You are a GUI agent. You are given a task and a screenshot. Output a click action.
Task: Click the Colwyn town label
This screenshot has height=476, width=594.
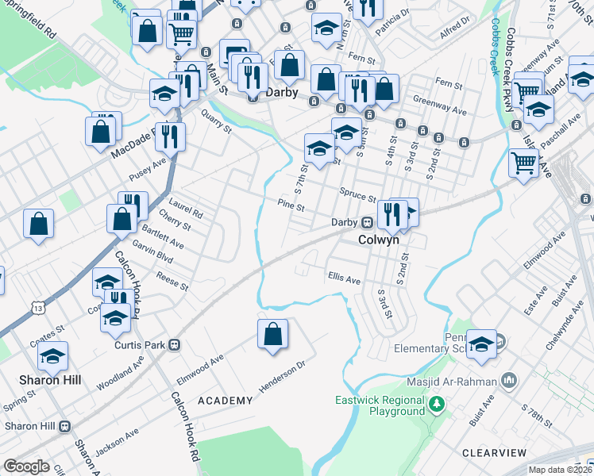click(x=378, y=239)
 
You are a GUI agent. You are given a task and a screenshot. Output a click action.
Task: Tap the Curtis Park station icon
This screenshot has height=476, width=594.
click(x=173, y=345)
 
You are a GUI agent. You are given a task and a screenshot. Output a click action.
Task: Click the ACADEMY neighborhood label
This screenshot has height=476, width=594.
click(x=225, y=401)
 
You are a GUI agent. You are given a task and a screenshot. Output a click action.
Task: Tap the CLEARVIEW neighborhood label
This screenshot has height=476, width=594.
click(x=494, y=452)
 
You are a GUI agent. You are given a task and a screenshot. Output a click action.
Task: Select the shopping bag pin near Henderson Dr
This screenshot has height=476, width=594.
click(x=272, y=334)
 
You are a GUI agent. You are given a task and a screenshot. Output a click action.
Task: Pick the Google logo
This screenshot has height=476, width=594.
click(x=26, y=466)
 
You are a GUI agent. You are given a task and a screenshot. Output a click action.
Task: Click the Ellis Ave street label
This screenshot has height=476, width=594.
click(x=344, y=278)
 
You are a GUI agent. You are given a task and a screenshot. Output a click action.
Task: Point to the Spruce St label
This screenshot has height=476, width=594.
click(x=357, y=195)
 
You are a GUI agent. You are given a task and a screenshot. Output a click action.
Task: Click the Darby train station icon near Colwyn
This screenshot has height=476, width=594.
click(x=368, y=223)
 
